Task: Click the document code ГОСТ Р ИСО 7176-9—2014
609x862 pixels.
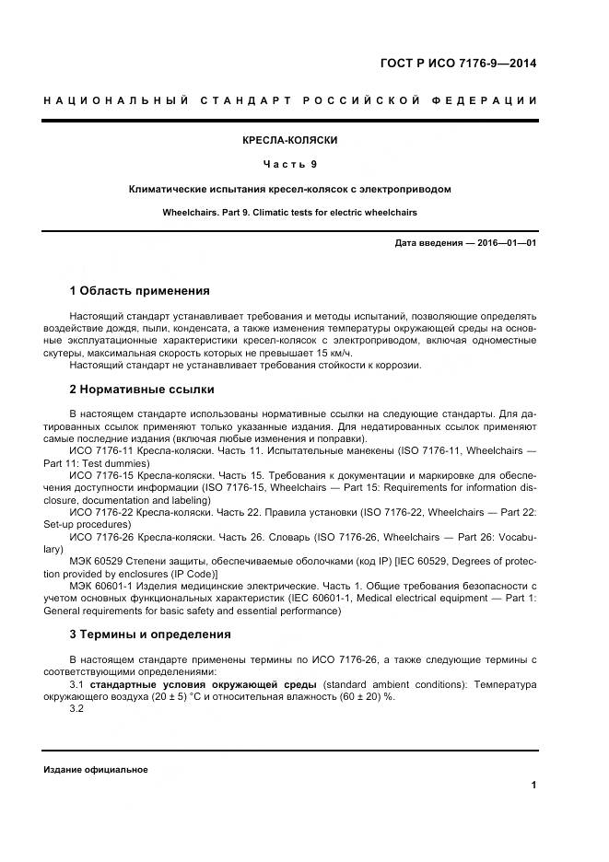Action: [x=458, y=64]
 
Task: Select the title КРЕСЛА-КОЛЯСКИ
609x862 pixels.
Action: [x=289, y=140]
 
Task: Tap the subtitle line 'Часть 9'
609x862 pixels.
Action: [x=289, y=164]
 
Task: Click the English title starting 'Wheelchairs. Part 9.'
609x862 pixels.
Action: [x=289, y=212]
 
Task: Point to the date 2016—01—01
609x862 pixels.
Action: [x=504, y=242]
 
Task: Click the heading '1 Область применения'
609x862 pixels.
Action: [x=139, y=291]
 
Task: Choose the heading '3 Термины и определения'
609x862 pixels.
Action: [x=149, y=634]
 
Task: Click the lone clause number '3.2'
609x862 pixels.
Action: [x=77, y=709]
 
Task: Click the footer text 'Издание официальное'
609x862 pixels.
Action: [x=95, y=770]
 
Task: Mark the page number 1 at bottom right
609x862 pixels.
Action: [x=533, y=785]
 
